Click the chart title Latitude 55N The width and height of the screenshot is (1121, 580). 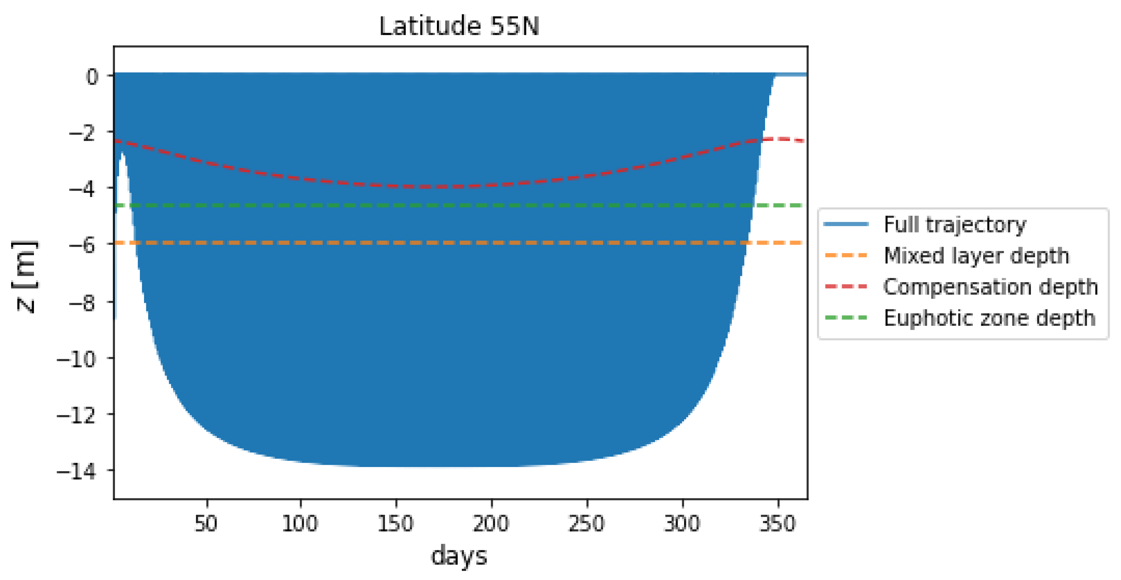pos(459,26)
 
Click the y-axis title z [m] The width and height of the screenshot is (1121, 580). pos(25,277)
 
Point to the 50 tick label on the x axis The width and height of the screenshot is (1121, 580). pos(206,523)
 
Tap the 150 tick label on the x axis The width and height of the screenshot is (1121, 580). pos(396,523)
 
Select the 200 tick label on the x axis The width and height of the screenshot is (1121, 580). pos(491,523)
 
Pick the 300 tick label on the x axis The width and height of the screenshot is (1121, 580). pos(682,523)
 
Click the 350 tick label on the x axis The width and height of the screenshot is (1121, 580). pos(778,523)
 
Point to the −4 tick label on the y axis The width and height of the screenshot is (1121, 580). pos(82,189)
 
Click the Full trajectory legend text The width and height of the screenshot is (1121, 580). pos(955,225)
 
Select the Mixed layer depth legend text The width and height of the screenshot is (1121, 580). pos(977,255)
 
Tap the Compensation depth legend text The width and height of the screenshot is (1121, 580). pos(990,287)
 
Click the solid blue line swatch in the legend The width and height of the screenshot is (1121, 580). pos(846,225)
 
